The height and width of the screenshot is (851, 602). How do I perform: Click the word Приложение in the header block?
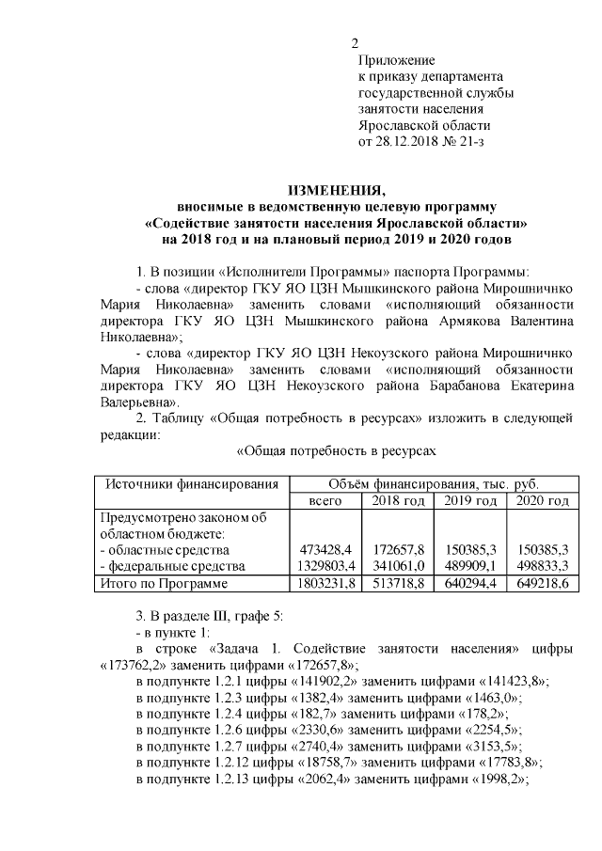pyautogui.click(x=391, y=60)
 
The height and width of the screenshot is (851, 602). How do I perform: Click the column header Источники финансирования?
pyautogui.click(x=192, y=483)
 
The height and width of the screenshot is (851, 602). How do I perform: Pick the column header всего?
pyautogui.click(x=325, y=501)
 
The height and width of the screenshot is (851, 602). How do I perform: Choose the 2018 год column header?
pyautogui.click(x=398, y=501)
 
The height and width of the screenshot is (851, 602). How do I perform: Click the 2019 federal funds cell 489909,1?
pyautogui.click(x=471, y=566)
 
